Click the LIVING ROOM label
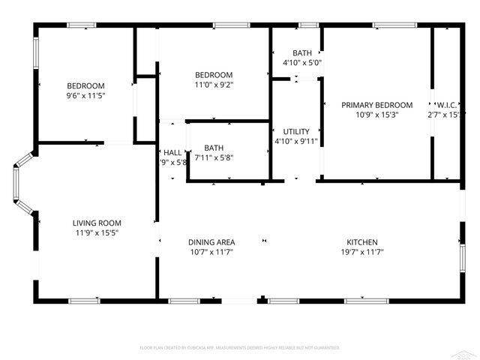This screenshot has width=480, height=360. point(97,223)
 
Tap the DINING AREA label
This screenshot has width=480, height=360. point(211,242)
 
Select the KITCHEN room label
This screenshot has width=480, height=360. point(361,242)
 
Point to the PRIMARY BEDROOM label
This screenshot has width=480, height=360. point(377,105)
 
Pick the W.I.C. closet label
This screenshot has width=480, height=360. point(443,105)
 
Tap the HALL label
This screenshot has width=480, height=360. point(172,152)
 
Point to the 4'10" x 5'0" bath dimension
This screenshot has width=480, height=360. point(302,63)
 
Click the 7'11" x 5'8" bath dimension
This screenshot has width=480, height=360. point(214,157)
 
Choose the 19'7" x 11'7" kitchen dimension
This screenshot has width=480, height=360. point(361,252)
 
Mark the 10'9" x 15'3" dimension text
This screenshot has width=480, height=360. point(377,115)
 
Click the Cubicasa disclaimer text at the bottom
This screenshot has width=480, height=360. point(240,348)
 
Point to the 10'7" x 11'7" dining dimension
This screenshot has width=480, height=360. point(211,252)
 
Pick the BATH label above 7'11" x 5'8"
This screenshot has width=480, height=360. point(214,148)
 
